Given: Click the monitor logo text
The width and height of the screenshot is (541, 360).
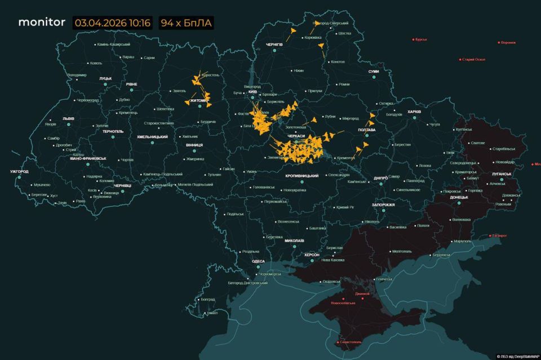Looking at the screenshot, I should tap(42, 23).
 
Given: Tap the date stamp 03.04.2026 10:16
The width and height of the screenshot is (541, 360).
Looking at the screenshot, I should tap(112, 23).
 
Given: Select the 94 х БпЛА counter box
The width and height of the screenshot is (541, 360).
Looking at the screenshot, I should tap(185, 23).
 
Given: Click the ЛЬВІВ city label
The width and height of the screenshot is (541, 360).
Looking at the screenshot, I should tap(68, 119).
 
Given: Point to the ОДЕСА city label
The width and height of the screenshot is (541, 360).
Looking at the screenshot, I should tap(258, 261).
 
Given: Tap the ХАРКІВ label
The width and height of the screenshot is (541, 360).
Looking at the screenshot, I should tap(414, 112).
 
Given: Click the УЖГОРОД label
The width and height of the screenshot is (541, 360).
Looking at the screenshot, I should tap(19, 171).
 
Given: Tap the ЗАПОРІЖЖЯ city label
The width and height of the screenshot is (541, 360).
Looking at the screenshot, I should tap(383, 205).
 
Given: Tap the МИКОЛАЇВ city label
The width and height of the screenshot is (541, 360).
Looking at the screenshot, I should tap(294, 241).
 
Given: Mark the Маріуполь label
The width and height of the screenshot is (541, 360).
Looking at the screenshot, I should tap(463, 241).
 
